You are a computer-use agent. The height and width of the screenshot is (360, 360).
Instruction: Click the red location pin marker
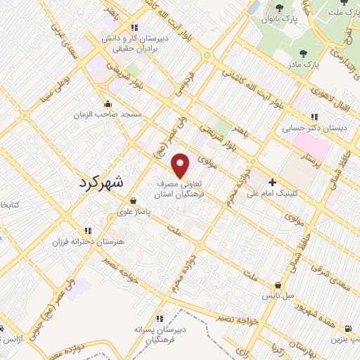181,166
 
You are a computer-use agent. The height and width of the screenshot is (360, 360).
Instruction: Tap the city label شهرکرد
98,181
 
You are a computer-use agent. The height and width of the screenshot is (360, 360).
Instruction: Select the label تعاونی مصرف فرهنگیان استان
179,185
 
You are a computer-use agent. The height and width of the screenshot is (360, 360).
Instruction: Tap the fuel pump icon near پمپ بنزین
348,328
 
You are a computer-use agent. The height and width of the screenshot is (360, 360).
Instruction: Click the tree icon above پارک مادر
303,53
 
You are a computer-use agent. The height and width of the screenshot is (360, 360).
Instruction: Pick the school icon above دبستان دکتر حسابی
315,117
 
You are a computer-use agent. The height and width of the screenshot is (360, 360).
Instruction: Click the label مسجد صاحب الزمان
110,113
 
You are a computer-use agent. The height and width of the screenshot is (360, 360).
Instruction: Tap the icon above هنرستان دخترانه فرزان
88,230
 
